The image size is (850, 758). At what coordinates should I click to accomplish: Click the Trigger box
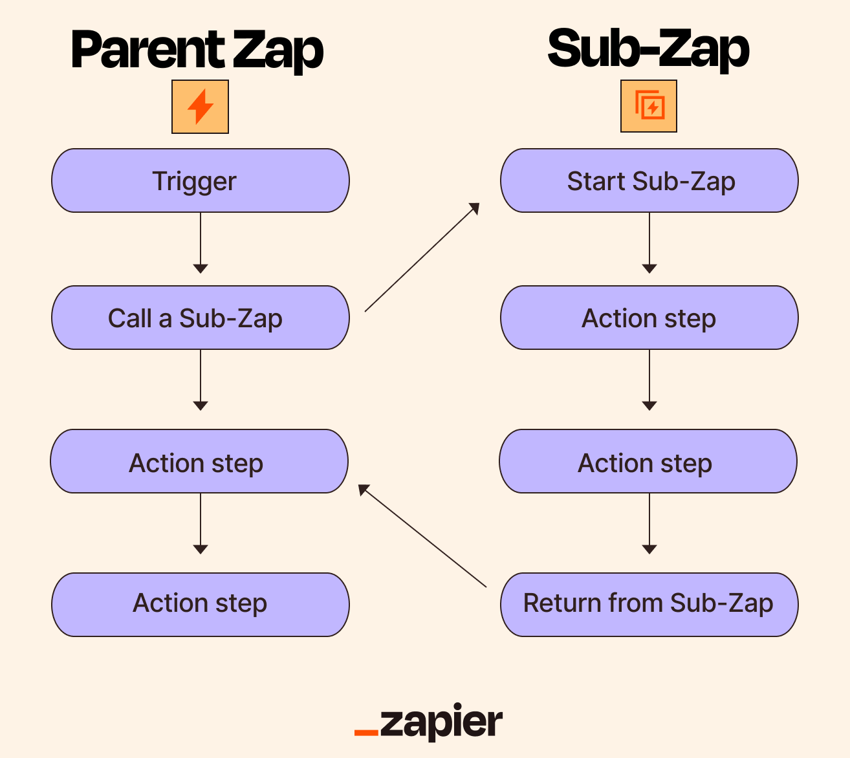point(201,180)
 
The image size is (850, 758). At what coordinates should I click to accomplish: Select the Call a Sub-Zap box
point(201,318)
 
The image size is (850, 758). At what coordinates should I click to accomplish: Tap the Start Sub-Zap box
point(649,180)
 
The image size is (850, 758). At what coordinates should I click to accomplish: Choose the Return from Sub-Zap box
point(649,604)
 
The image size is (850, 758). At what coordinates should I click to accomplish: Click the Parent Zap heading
point(197,50)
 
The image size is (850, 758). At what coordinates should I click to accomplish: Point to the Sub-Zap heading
point(648,49)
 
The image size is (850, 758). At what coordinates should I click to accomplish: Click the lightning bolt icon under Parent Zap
point(200,107)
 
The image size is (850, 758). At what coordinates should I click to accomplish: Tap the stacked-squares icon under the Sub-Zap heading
point(649,106)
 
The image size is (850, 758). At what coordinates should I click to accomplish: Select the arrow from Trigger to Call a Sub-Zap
point(201,243)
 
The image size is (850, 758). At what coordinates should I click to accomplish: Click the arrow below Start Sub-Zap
point(649,243)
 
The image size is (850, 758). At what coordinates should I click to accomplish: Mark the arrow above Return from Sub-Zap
point(649,523)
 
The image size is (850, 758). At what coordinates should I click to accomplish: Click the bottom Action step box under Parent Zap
point(201,604)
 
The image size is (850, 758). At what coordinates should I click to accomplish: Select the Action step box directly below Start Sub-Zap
point(649,318)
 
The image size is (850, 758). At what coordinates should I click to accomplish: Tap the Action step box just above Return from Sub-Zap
point(648,461)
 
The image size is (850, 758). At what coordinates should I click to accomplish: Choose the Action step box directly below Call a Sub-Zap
point(199,461)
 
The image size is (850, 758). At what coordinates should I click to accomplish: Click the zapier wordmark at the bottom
point(441,722)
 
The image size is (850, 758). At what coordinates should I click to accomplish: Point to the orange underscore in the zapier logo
point(366,732)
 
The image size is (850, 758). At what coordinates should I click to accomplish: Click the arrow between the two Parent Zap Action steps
point(201,523)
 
